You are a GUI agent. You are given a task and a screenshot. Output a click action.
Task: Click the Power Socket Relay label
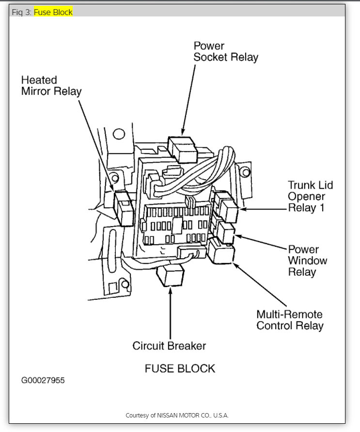pos(225,51)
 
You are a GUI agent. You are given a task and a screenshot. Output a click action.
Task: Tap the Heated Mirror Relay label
pos(51,85)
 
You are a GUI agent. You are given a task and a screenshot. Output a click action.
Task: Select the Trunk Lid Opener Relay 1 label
pos(310,197)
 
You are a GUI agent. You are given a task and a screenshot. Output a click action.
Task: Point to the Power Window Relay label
pos(308,261)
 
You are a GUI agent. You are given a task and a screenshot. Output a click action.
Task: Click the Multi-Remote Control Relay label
pos(289,320)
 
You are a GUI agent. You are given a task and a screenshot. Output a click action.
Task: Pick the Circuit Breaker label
pos(169,346)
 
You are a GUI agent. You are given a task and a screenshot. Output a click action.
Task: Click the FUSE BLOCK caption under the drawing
pos(180,368)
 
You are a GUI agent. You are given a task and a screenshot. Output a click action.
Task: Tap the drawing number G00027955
pos(43,380)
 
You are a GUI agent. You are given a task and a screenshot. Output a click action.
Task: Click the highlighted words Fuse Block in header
pos(53,12)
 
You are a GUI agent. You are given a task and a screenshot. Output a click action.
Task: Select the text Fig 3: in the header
pos(21,12)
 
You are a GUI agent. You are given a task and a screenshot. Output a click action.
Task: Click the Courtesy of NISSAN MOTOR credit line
pos(177,416)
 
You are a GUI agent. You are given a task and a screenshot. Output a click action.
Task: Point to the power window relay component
pos(226,231)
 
